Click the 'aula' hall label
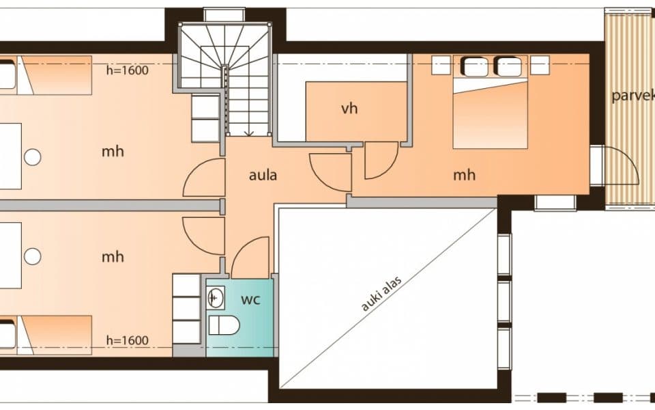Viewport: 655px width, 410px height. (263, 175)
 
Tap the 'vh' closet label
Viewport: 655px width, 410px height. (349, 109)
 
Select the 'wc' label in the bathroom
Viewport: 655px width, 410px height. (250, 299)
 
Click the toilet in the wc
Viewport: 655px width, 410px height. (224, 325)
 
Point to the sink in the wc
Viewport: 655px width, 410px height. (216, 297)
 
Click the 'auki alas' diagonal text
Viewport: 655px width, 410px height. (381, 293)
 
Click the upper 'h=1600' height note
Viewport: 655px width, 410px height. (128, 70)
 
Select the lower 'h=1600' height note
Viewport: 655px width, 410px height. (128, 340)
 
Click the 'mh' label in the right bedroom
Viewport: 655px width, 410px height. (464, 175)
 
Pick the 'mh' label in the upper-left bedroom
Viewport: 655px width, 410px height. (113, 151)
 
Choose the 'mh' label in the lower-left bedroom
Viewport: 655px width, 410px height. (113, 256)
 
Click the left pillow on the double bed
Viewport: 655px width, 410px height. (475, 66)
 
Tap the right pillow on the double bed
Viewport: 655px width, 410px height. (508, 66)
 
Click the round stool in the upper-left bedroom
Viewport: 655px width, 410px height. (32, 157)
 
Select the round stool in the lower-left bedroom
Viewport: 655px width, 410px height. (32, 256)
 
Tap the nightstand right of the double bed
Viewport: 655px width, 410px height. (539, 66)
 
